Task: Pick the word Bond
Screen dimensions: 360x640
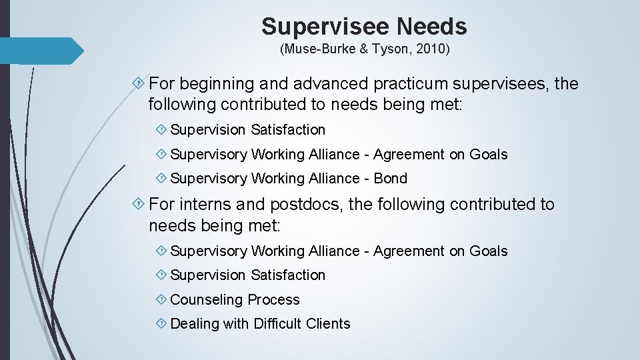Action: point(390,179)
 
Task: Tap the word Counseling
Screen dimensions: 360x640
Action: point(207,300)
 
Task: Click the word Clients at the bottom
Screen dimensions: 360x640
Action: point(328,324)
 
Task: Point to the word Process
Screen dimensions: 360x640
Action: point(274,300)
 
